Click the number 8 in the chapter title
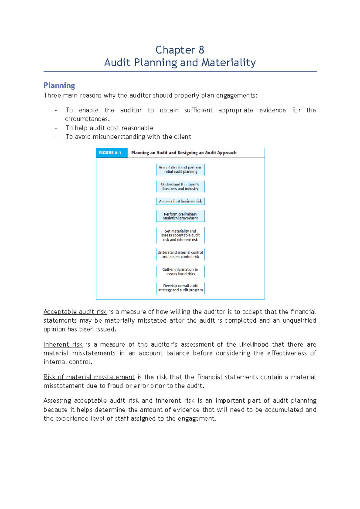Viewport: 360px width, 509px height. tap(201, 50)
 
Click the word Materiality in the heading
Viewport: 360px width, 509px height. tap(229, 63)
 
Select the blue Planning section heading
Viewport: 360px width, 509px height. tap(59, 85)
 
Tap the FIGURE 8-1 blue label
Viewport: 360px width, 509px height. tap(110, 153)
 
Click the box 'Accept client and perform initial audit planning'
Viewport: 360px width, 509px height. tap(180, 169)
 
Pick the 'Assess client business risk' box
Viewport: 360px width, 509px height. tap(180, 201)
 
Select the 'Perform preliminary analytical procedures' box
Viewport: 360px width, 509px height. tap(180, 216)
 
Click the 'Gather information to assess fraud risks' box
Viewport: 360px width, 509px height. tap(180, 272)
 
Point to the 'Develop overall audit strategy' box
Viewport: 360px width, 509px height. tap(180, 288)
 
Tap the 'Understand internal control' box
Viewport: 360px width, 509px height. tap(180, 255)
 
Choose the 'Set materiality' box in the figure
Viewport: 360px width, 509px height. tap(180, 235)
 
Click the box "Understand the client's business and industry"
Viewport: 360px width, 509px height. tap(180, 186)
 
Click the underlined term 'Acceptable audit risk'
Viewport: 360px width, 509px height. tap(75, 312)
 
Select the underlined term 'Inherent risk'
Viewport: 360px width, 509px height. tap(63, 344)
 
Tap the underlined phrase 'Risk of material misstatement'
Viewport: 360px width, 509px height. tap(89, 377)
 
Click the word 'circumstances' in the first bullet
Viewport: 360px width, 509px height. tap(86, 119)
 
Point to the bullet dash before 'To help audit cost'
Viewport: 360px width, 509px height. tap(56, 128)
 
